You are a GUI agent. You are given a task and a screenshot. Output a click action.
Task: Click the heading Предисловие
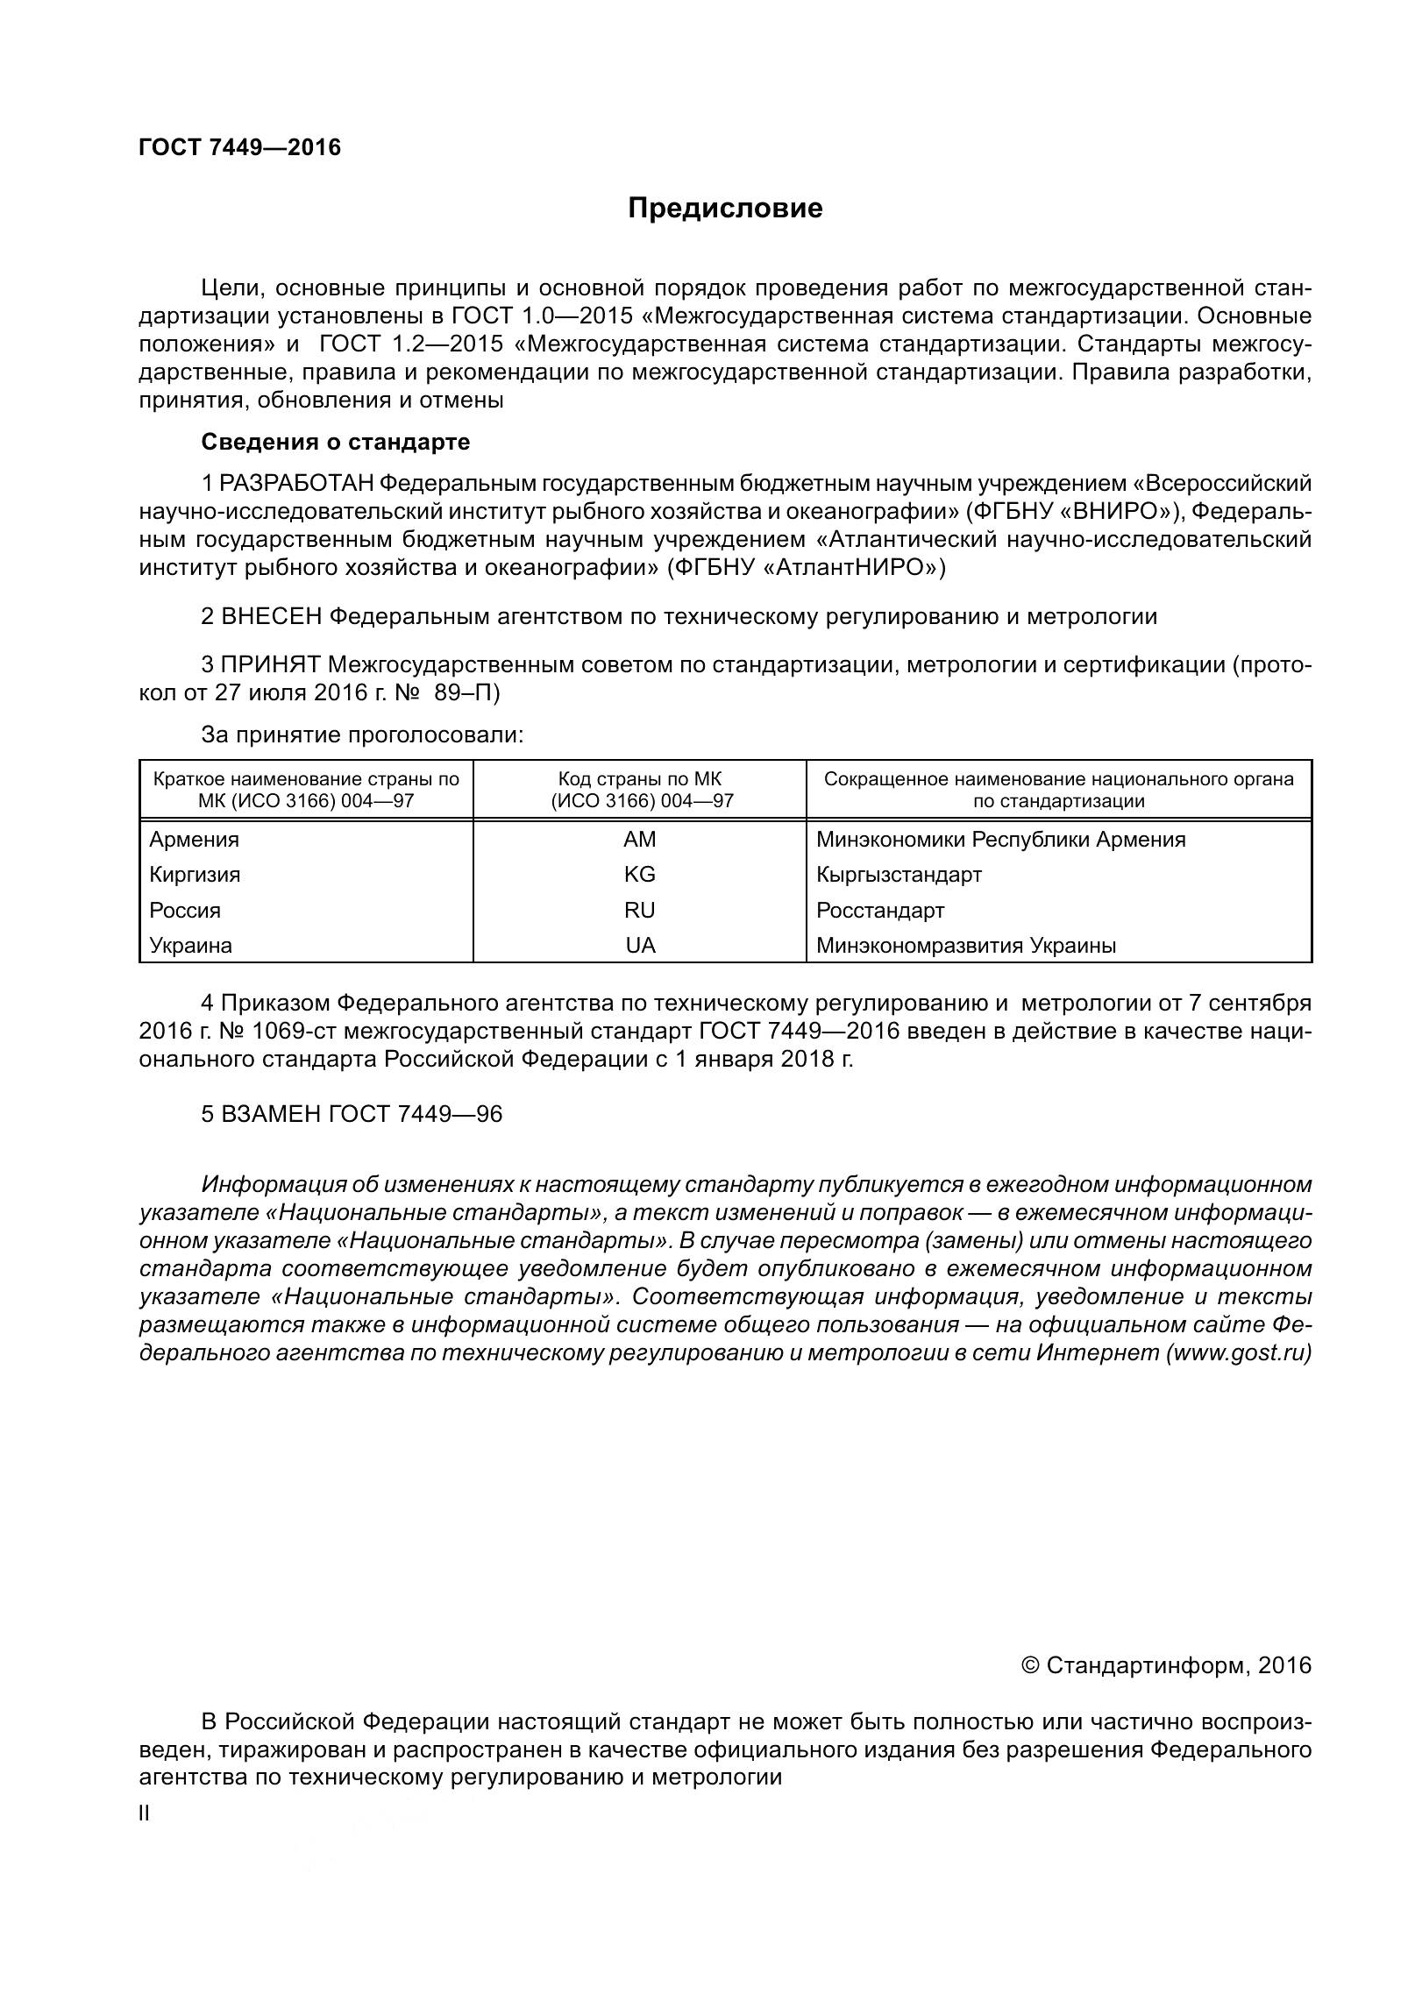pos(725,209)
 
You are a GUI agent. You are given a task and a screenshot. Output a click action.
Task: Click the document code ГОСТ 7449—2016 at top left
pos(239,147)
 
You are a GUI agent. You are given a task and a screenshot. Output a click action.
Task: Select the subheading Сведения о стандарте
pos(335,442)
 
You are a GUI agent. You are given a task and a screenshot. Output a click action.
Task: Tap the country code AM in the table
pos(639,840)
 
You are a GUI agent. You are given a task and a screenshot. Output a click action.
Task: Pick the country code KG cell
pos(639,875)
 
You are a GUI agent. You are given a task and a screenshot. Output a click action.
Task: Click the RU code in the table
pos(639,911)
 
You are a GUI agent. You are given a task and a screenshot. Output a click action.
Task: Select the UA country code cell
pos(639,946)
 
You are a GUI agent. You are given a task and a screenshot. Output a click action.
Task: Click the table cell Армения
pos(194,840)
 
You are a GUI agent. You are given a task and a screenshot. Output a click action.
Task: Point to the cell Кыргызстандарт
pos(899,875)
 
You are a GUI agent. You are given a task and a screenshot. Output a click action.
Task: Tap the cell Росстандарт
pos(880,911)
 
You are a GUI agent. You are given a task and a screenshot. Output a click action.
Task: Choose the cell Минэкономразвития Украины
pos(966,946)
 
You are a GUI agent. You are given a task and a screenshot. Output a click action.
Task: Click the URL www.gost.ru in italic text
pos(1238,1352)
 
